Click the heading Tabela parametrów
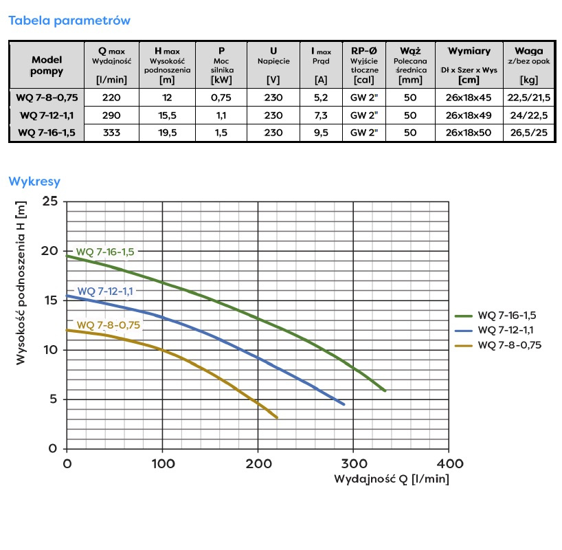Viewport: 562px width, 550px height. pyautogui.click(x=69, y=21)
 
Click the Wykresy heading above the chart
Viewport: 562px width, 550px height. pyautogui.click(x=34, y=182)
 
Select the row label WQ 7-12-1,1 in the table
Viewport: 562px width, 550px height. pyautogui.click(x=47, y=115)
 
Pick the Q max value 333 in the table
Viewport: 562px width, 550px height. pyautogui.click(x=111, y=133)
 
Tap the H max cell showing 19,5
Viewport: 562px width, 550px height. pyautogui.click(x=167, y=133)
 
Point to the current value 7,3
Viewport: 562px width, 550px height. pyautogui.click(x=320, y=115)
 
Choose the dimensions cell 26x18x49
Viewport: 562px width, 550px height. pyautogui.click(x=469, y=115)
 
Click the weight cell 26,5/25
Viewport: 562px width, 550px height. pyautogui.click(x=528, y=133)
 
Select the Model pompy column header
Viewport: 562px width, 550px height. pyautogui.click(x=47, y=65)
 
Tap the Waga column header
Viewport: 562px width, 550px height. pyautogui.click(x=528, y=51)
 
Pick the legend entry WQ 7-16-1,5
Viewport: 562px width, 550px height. pyautogui.click(x=507, y=315)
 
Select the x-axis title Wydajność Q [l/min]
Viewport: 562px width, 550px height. pyautogui.click(x=392, y=478)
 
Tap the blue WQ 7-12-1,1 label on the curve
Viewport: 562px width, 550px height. pyautogui.click(x=105, y=291)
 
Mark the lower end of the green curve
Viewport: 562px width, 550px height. pyautogui.click(x=385, y=391)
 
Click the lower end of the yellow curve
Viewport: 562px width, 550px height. pyautogui.click(x=277, y=417)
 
